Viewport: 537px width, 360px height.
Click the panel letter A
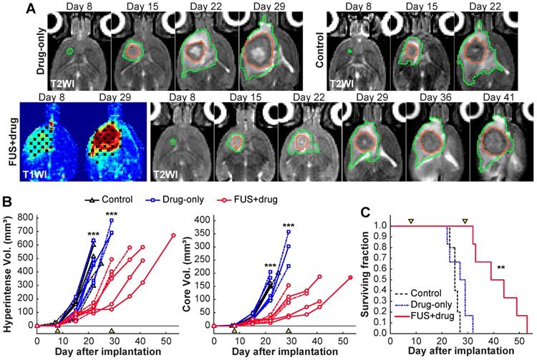tap(10, 8)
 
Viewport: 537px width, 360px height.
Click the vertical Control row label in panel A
tap(319, 47)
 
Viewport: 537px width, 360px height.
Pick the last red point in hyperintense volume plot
tap(173, 235)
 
